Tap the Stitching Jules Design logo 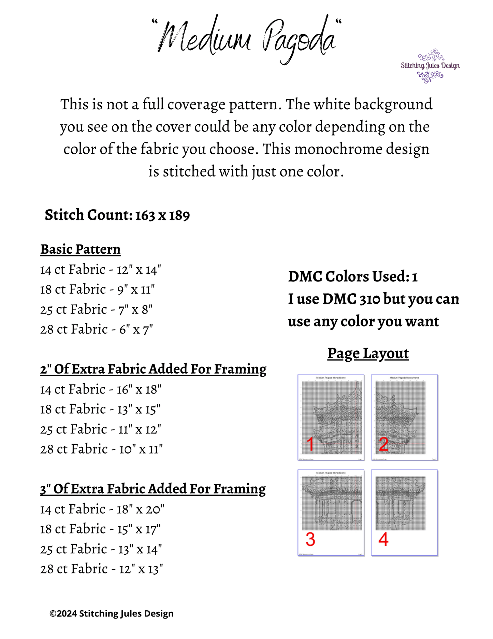tap(430, 66)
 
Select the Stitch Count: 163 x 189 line tap(117, 215)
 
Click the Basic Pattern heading tap(81, 249)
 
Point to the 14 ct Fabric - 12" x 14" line tap(100, 270)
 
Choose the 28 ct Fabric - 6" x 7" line tap(96, 330)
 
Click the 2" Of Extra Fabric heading tap(153, 369)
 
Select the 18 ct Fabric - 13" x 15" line tap(100, 409)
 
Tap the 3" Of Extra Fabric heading tap(153, 489)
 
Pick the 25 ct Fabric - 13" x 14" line tap(101, 549)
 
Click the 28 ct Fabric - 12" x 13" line tap(101, 569)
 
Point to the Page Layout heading tap(368, 353)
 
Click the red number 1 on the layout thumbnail tap(310, 444)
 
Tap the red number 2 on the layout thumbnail tap(383, 444)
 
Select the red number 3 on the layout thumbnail tap(310, 539)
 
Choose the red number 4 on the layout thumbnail tap(383, 539)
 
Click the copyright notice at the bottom tap(112, 614)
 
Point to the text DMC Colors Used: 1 tap(353, 277)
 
